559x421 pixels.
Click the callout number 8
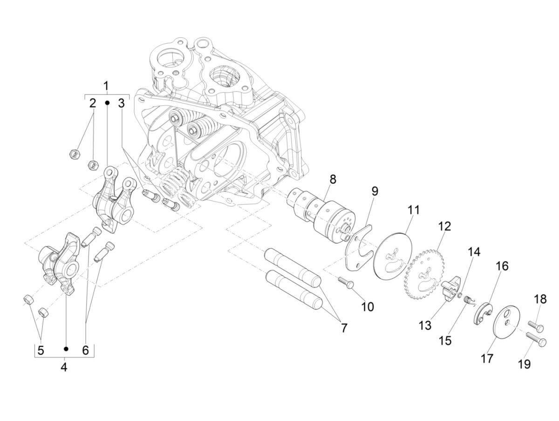(332, 179)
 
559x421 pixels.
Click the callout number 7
(343, 328)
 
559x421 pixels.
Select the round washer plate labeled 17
(506, 321)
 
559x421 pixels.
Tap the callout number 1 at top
(106, 86)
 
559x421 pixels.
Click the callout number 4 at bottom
(64, 367)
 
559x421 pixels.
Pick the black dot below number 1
(107, 102)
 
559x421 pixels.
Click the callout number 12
(444, 227)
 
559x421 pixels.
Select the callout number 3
(121, 103)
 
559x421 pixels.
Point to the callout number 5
(41, 351)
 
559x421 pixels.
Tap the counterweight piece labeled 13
(448, 290)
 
